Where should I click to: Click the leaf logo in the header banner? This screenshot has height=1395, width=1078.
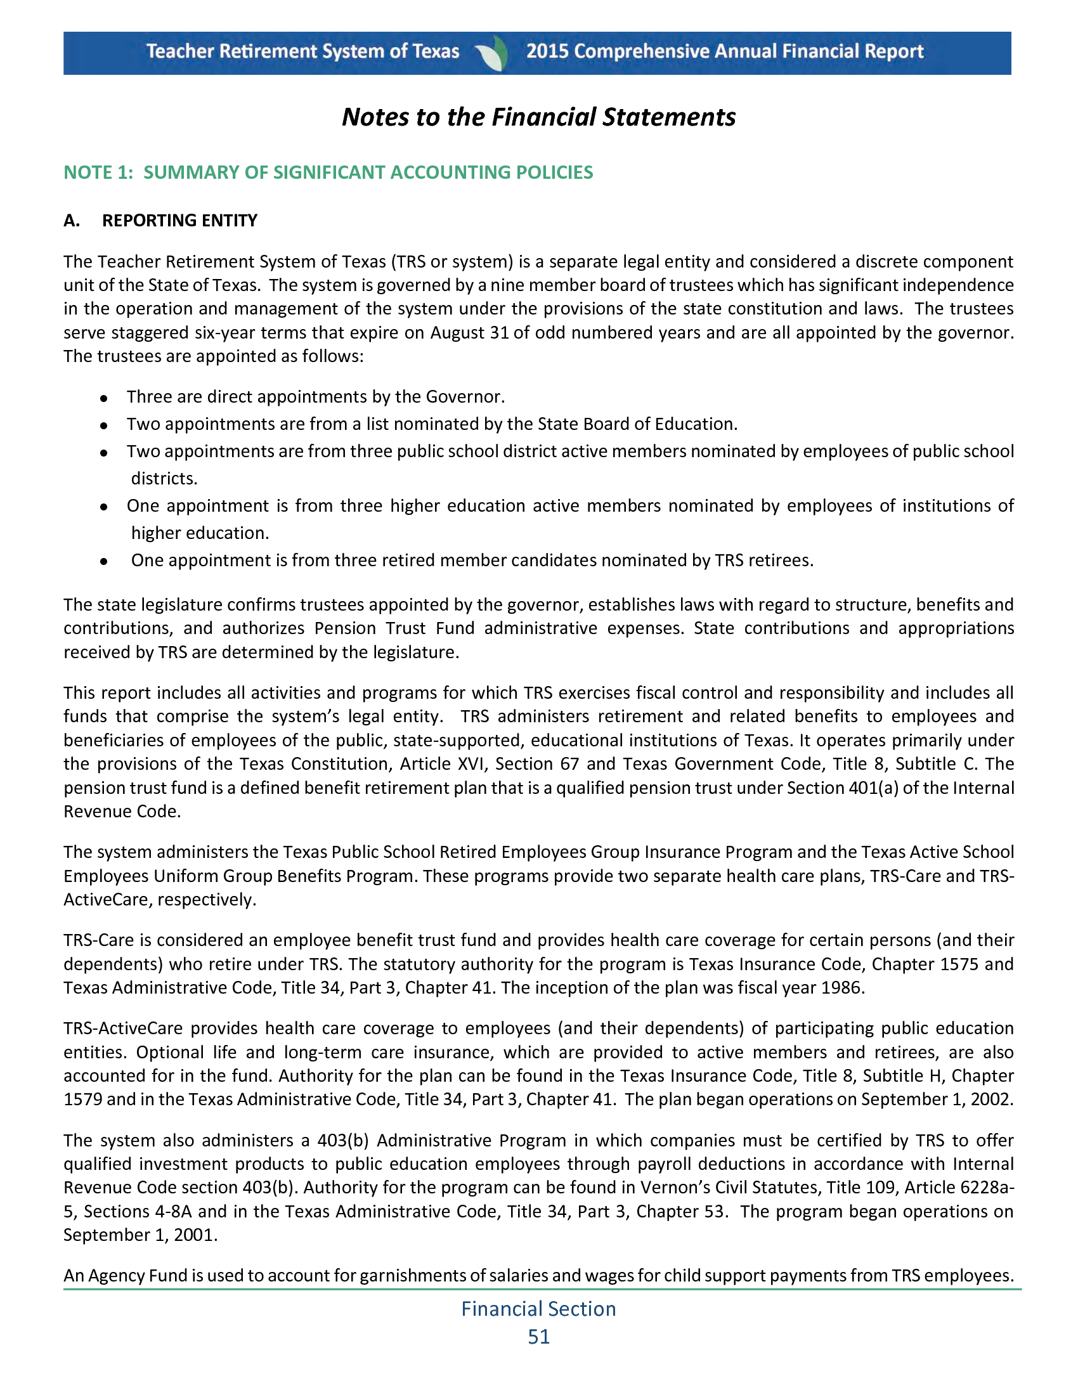click(x=492, y=53)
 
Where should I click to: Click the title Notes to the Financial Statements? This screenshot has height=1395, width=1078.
click(x=538, y=117)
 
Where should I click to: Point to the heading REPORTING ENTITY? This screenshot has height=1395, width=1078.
click(x=179, y=221)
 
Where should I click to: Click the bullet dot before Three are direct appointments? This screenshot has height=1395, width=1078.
click(x=103, y=398)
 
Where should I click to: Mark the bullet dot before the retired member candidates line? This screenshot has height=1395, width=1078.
click(x=103, y=561)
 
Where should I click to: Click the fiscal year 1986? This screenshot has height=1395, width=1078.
click(x=842, y=987)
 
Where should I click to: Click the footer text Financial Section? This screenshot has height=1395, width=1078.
click(x=538, y=1309)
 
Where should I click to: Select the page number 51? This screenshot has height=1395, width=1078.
click(x=538, y=1337)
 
